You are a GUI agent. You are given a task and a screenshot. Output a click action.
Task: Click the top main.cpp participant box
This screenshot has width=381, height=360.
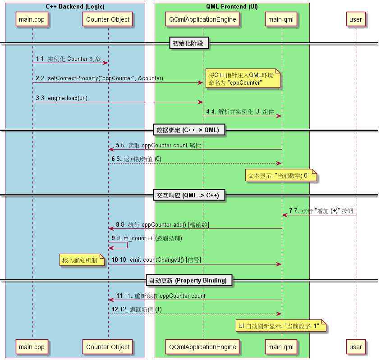32,19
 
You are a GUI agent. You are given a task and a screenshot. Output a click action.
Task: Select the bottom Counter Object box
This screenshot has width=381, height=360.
108,347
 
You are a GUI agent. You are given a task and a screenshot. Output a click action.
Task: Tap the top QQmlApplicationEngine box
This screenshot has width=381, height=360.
202,19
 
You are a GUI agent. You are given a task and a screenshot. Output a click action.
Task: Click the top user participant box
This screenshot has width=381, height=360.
356,19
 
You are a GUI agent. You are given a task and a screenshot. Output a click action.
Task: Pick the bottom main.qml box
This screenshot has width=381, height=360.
281,347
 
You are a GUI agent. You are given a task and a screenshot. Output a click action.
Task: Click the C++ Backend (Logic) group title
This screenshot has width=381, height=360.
75,7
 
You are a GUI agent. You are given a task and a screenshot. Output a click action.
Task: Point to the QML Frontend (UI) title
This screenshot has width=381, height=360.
232,7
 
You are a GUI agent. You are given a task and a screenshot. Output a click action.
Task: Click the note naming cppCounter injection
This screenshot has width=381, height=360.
243,79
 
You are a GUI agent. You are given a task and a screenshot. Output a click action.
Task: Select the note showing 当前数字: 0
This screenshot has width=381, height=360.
281,175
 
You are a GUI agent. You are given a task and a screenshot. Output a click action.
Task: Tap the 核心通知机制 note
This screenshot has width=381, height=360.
83,260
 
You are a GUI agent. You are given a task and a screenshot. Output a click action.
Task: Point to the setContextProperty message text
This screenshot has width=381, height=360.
102,78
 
